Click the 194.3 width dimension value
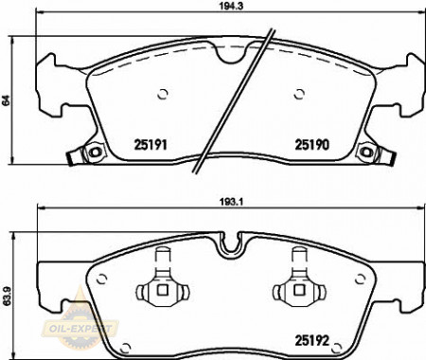click(231, 6)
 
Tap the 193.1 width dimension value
click(231, 202)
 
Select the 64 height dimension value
click(6, 100)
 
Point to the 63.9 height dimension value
click(7, 297)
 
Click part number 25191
click(151, 145)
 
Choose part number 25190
click(312, 145)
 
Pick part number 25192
click(311, 340)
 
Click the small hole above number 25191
click(163, 94)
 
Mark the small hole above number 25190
click(299, 94)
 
